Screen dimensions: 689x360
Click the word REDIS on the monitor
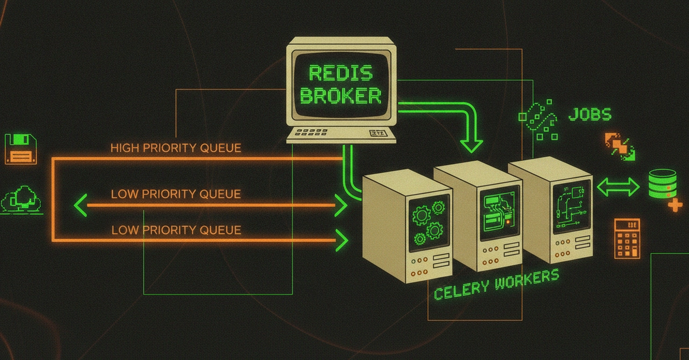[x=340, y=73]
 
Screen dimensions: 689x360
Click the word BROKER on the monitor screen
[x=340, y=96]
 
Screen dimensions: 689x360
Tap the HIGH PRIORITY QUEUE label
[x=176, y=148]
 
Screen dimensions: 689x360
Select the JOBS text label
[x=590, y=114]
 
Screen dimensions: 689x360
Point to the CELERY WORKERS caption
[x=496, y=285]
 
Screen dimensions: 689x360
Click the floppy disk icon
[x=21, y=149]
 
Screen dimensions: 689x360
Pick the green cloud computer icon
[x=21, y=200]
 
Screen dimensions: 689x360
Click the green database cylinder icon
[x=662, y=183]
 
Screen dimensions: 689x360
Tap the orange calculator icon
[x=627, y=238]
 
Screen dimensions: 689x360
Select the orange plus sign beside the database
[x=675, y=205]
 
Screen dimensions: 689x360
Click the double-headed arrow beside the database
[x=618, y=187]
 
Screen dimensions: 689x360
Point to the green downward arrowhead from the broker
[x=471, y=146]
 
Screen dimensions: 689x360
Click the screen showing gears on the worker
[x=429, y=223]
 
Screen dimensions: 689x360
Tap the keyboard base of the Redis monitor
[x=341, y=135]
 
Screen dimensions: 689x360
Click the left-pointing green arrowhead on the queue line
[x=81, y=205]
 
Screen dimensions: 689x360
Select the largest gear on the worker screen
[x=421, y=216]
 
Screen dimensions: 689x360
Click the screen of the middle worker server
[x=500, y=213]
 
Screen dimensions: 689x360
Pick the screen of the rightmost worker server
[x=571, y=207]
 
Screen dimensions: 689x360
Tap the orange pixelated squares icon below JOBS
[x=620, y=147]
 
